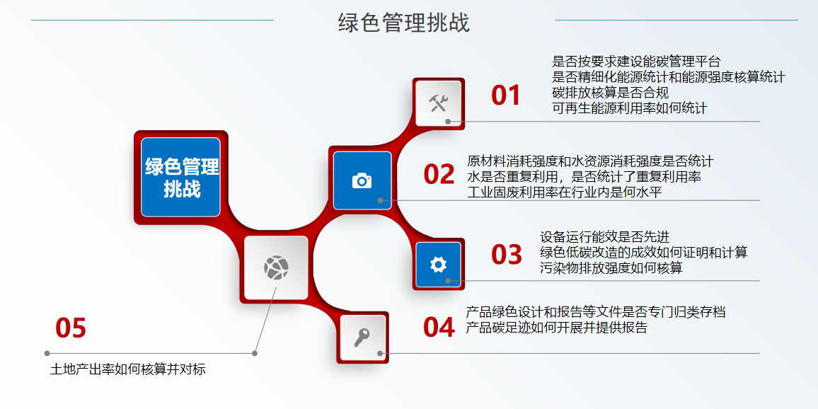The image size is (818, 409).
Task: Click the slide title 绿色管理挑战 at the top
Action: (403, 23)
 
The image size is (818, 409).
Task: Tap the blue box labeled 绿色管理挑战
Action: (181, 178)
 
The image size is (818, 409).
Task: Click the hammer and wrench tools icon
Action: (439, 103)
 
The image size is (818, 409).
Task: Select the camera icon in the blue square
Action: (362, 180)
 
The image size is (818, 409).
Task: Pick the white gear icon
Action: (439, 265)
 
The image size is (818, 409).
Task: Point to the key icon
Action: (362, 338)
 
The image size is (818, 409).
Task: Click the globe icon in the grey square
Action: (276, 267)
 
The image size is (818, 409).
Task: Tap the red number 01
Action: (506, 96)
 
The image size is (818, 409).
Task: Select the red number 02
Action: (439, 175)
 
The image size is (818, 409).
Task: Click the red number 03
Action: (507, 255)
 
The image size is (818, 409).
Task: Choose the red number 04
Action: (439, 328)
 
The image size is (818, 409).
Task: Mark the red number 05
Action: (71, 328)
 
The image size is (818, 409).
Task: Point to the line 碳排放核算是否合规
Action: (610, 93)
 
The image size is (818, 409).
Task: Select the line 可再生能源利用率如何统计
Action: (629, 108)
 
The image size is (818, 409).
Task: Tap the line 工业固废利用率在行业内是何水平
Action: (564, 192)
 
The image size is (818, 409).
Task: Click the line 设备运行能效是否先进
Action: (604, 237)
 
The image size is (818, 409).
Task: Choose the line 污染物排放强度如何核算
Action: (611, 267)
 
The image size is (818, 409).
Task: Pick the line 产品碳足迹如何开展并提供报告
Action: (556, 328)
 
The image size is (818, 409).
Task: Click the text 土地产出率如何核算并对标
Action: (128, 369)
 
